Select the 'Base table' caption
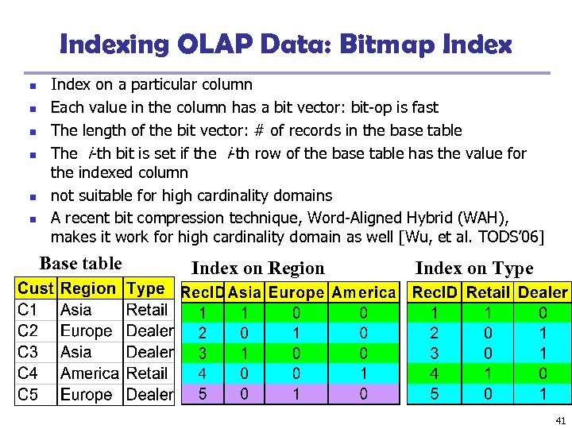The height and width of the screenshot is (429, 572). [x=81, y=264]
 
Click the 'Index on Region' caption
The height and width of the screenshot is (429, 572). [x=258, y=269]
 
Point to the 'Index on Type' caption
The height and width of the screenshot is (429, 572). [x=474, y=269]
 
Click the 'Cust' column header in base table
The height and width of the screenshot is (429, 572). [x=36, y=289]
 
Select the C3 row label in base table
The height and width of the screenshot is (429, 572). [x=28, y=352]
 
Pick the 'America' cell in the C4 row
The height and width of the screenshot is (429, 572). [x=90, y=373]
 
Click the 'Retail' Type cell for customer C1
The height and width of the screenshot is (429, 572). [x=147, y=310]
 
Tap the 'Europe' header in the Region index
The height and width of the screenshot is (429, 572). [x=296, y=292]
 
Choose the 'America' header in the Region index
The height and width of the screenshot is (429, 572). [x=363, y=292]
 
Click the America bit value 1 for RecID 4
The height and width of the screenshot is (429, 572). [x=363, y=373]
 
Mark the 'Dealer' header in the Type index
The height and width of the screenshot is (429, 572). [x=543, y=292]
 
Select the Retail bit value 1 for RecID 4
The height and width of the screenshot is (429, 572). [x=488, y=373]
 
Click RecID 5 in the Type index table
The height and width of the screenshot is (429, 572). [x=435, y=393]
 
